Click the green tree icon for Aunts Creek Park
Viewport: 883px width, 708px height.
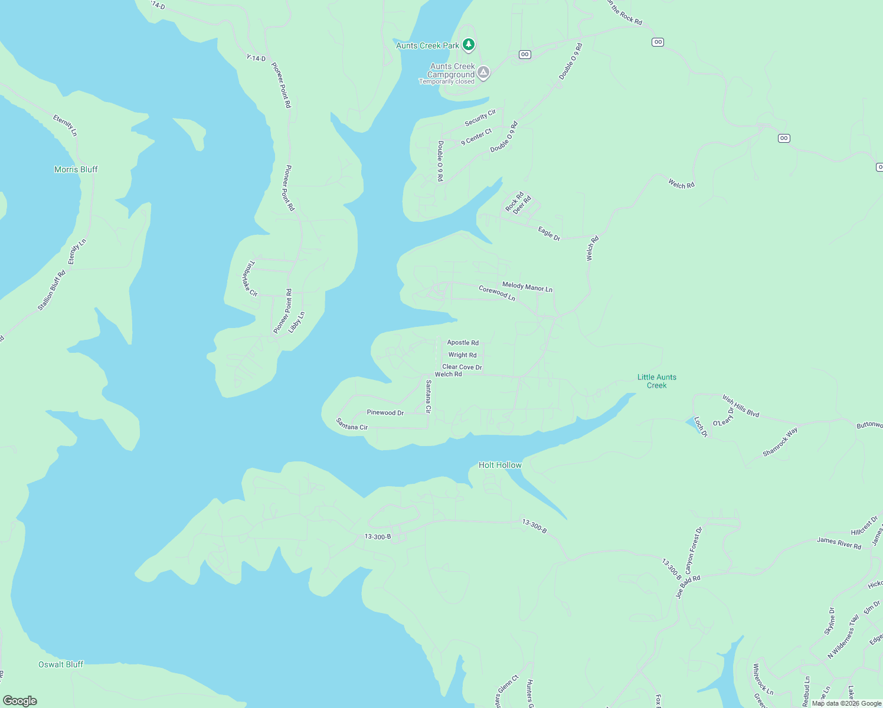(x=469, y=44)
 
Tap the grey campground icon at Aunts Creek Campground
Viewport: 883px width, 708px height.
(x=483, y=73)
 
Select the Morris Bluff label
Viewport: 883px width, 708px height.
(x=76, y=169)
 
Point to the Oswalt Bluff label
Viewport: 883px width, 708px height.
(x=61, y=664)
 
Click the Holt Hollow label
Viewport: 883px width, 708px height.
(x=500, y=465)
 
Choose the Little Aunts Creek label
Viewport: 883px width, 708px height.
(x=657, y=381)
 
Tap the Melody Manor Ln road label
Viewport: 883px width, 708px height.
(x=527, y=287)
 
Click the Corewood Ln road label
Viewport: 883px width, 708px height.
(x=497, y=293)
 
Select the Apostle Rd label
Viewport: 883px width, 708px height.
(x=463, y=342)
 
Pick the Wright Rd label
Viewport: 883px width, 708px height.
(x=462, y=355)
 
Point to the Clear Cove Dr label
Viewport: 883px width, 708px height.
(x=462, y=367)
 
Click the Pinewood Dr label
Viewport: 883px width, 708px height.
(x=385, y=412)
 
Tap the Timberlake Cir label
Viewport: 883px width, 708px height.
(x=250, y=278)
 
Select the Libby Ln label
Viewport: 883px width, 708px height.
(x=296, y=322)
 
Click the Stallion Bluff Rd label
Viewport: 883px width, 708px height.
(x=52, y=291)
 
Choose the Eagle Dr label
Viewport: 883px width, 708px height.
(x=549, y=234)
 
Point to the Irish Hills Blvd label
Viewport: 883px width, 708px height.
(x=741, y=406)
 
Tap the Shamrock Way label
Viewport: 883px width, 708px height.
(x=780, y=442)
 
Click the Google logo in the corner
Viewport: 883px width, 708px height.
(x=20, y=700)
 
